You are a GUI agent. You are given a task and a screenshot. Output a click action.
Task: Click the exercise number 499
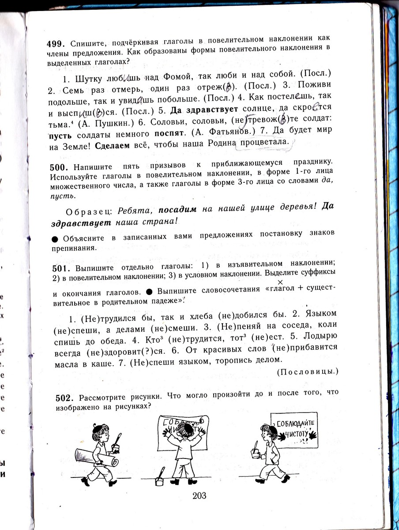pos(56,44)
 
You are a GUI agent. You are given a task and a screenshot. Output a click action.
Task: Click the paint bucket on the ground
pos(160,480)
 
